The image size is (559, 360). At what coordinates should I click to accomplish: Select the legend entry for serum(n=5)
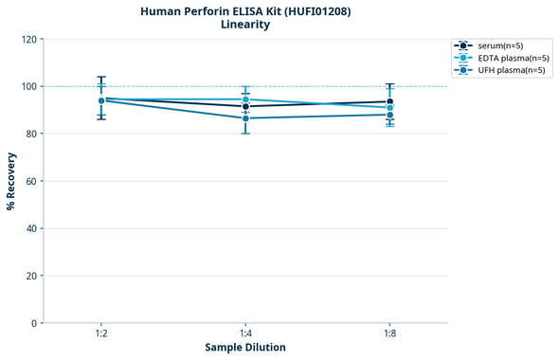500,45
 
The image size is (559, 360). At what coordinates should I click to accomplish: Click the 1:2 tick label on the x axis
100,334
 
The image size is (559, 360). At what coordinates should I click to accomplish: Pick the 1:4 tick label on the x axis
245,334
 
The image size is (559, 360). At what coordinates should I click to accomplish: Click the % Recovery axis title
11,181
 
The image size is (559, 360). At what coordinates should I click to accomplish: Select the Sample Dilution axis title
245,348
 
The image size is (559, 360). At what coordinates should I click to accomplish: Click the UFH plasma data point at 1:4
245,118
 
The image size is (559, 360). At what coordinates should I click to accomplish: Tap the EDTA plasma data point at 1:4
245,99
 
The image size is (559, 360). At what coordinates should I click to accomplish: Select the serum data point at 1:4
245,106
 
